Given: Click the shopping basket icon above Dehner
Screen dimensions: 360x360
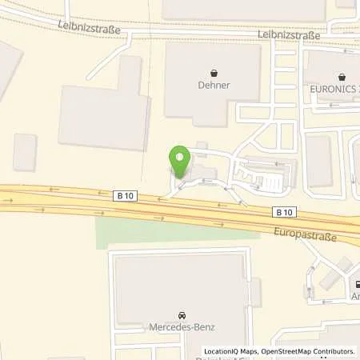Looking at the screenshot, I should point(213,70).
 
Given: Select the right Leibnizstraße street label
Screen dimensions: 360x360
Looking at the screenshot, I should point(289,35).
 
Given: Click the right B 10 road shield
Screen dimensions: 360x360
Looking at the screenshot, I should point(283,212).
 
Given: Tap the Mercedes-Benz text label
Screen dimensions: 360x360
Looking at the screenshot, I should point(182,326).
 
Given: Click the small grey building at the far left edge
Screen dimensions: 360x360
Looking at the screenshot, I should point(25,152).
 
